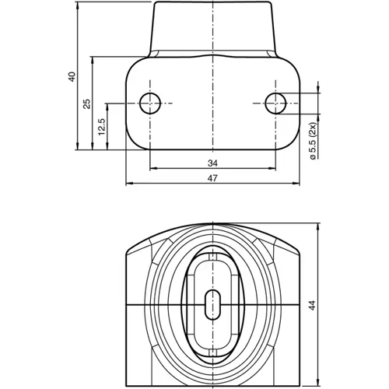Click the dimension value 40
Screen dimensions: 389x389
coord(72,76)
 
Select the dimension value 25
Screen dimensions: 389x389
coord(87,103)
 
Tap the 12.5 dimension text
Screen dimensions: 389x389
coord(102,126)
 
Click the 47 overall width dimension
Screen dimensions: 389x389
coord(212,179)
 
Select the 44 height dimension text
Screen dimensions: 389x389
coord(313,305)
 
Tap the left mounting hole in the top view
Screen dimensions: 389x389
coord(149,102)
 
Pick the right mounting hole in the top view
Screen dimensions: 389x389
coord(275,102)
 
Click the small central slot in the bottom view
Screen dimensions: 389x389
coord(212,303)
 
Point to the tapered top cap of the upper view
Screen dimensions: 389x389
coord(212,27)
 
